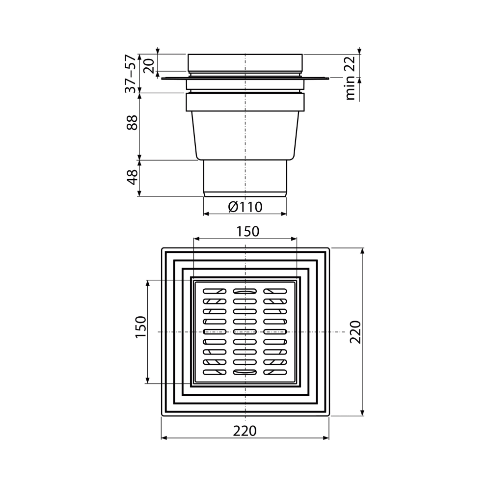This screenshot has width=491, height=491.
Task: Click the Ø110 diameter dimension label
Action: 245,207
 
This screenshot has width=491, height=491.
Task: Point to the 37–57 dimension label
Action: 131,73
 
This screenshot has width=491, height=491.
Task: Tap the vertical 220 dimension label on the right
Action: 355,332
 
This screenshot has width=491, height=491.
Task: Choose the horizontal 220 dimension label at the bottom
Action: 245,431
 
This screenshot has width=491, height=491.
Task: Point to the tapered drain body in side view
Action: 245,135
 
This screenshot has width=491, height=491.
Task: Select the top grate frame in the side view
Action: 245,62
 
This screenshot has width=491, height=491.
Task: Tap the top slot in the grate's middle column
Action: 245,291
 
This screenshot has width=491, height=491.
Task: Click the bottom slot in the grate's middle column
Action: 245,373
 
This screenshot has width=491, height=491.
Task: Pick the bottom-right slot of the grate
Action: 275,373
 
